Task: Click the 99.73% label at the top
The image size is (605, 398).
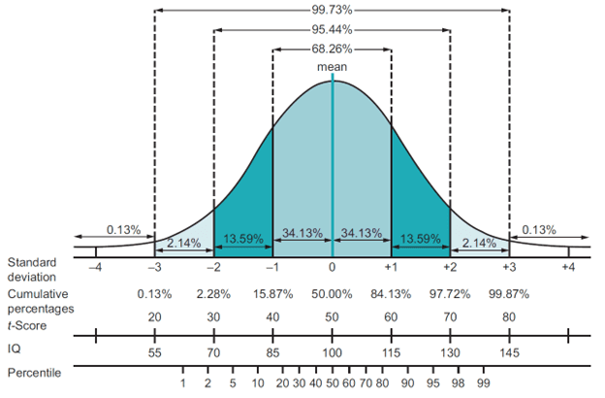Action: coord(333,10)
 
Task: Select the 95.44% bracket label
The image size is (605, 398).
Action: coord(333,29)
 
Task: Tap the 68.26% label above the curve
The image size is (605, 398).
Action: coord(333,49)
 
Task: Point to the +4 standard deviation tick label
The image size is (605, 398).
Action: coord(569,266)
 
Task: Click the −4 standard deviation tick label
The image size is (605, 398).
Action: coord(95,266)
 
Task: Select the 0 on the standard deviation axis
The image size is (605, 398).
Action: coord(333,266)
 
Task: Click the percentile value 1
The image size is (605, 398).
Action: coord(182,384)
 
